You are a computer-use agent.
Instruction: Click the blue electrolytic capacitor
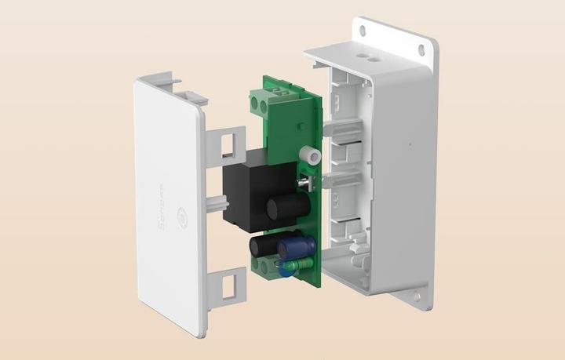(296, 249)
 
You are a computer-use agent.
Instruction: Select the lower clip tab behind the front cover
(228, 285)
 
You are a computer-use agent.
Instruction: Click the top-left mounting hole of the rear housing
(363, 31)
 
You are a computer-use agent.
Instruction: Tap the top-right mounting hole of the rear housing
(421, 49)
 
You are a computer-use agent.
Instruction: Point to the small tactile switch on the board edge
(306, 182)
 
